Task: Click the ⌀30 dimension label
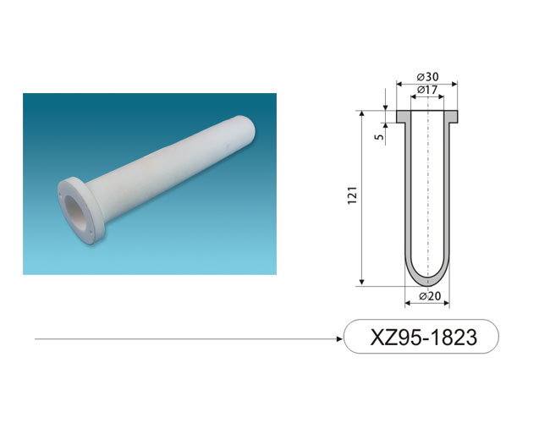[427, 76]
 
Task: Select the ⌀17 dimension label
[427, 90]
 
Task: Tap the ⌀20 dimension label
[430, 296]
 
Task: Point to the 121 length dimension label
[352, 195]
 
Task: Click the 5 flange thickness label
[379, 136]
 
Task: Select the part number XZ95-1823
[423, 337]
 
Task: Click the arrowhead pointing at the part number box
[339, 338]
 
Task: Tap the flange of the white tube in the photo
[80, 210]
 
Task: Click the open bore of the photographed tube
[74, 211]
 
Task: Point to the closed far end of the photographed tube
[247, 130]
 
